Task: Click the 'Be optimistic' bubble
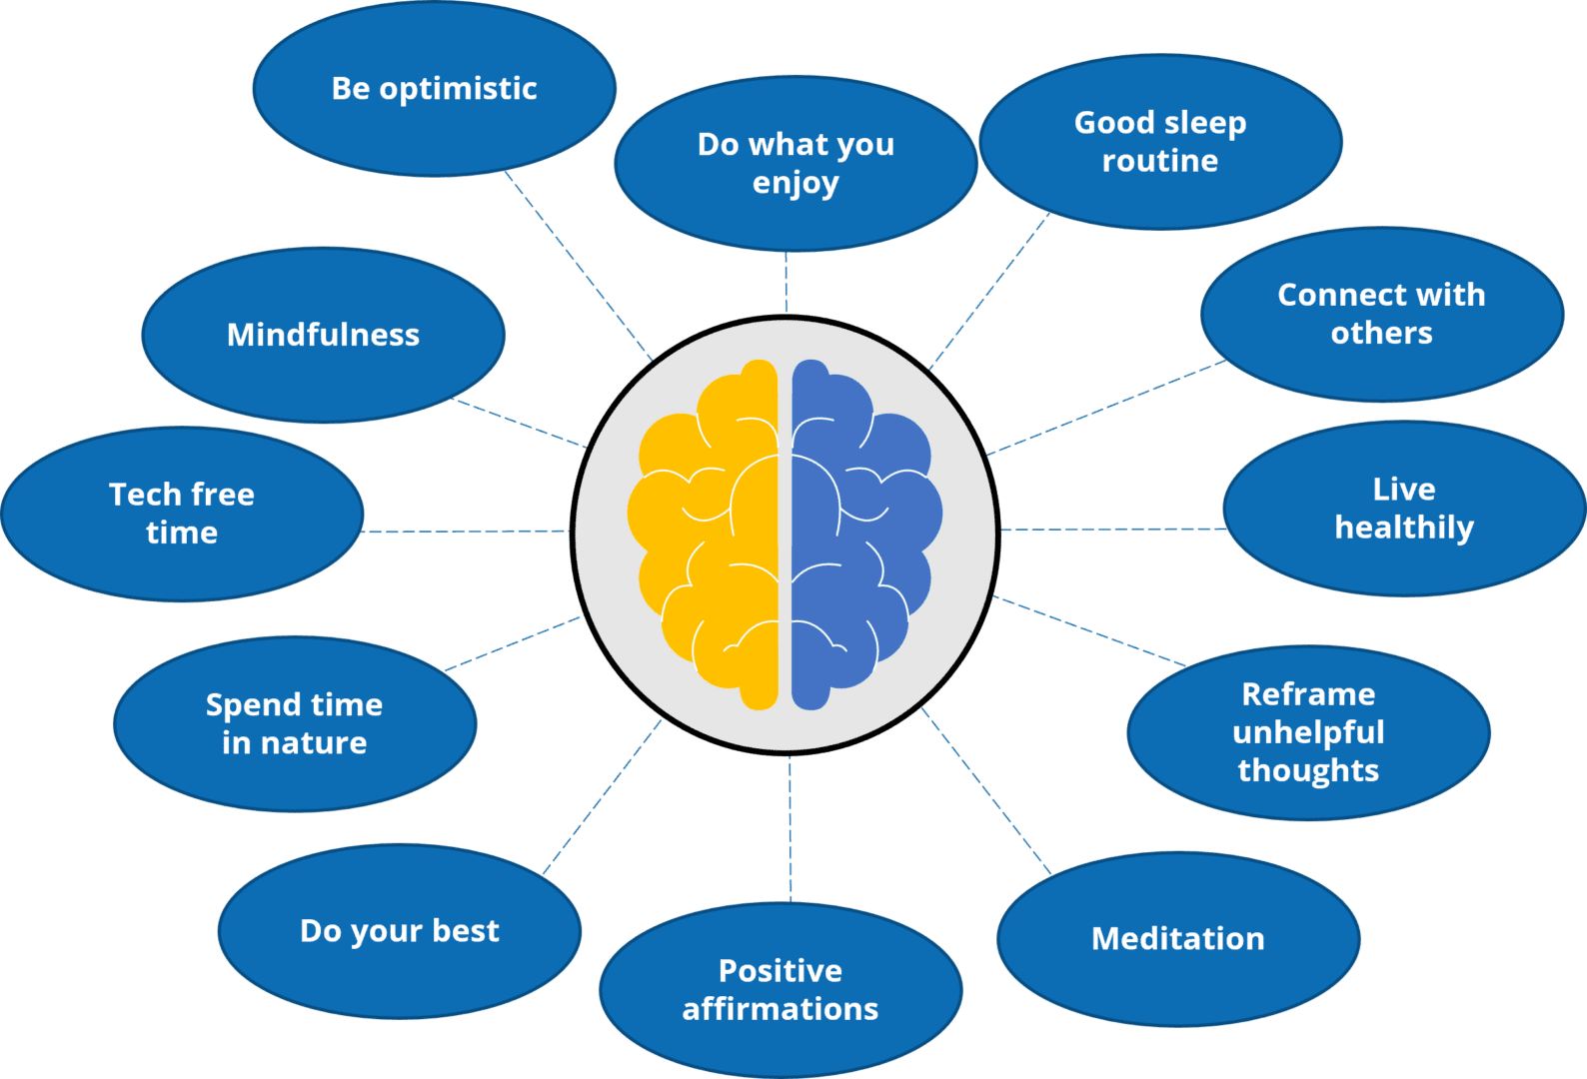(434, 90)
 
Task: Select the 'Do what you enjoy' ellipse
(795, 163)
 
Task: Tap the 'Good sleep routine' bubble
(1160, 142)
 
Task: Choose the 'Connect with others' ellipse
(1381, 314)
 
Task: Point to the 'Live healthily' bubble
(1403, 509)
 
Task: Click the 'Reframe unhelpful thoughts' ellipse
(1308, 732)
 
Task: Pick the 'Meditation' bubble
(1178, 939)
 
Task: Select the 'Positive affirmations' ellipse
(781, 989)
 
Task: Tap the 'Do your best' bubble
(400, 931)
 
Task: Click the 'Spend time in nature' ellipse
(295, 723)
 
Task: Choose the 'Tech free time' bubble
(182, 514)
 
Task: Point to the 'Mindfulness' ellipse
(323, 335)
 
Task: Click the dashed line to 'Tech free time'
(465, 531)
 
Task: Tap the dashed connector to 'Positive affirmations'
(790, 829)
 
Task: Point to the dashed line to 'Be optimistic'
(578, 265)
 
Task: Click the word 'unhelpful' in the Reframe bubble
(1308, 732)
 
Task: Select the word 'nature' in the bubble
(314, 743)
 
